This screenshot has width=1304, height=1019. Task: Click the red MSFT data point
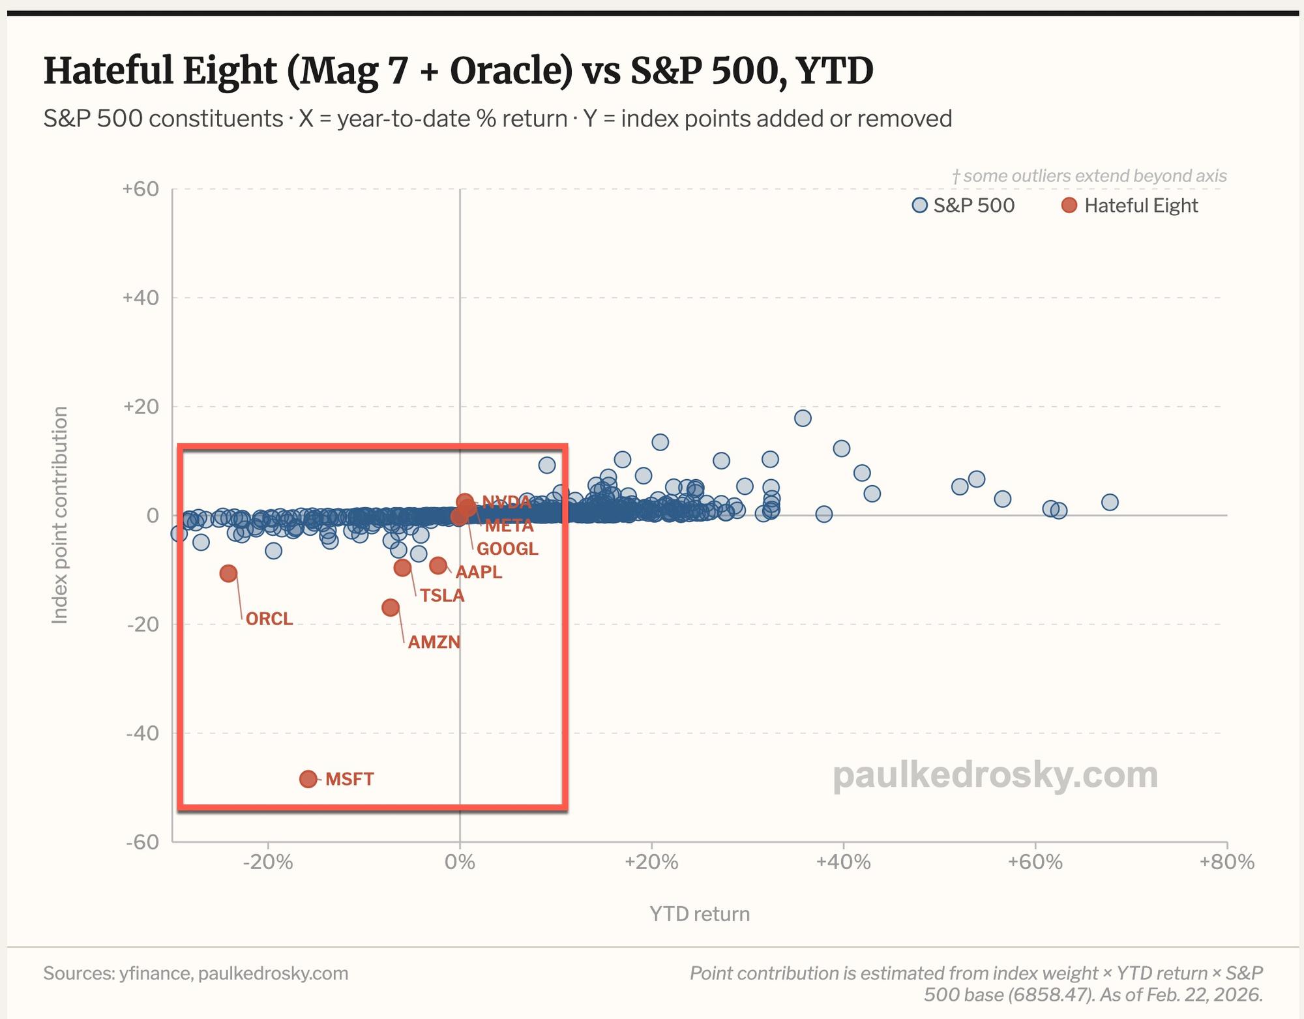(308, 779)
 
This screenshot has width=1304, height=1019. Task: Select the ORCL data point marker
(228, 574)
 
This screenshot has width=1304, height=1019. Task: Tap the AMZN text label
(434, 642)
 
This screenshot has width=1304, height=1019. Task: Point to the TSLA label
(442, 595)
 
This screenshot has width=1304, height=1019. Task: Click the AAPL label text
(479, 572)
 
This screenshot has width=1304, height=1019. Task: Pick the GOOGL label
(508, 549)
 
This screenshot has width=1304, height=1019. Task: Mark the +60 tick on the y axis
(141, 189)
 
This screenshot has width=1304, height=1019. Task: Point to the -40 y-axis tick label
(143, 733)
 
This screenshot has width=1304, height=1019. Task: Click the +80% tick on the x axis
(1226, 863)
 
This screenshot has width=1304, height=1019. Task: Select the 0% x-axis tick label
(460, 863)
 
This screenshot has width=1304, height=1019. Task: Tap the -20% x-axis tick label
(267, 863)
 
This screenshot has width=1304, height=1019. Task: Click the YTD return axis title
(700, 914)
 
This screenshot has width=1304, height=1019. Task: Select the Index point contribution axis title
(60, 515)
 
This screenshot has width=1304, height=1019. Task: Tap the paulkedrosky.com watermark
(995, 775)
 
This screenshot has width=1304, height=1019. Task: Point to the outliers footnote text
(1089, 176)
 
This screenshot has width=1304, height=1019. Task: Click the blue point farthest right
(1110, 502)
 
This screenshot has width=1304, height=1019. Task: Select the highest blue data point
(803, 418)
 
